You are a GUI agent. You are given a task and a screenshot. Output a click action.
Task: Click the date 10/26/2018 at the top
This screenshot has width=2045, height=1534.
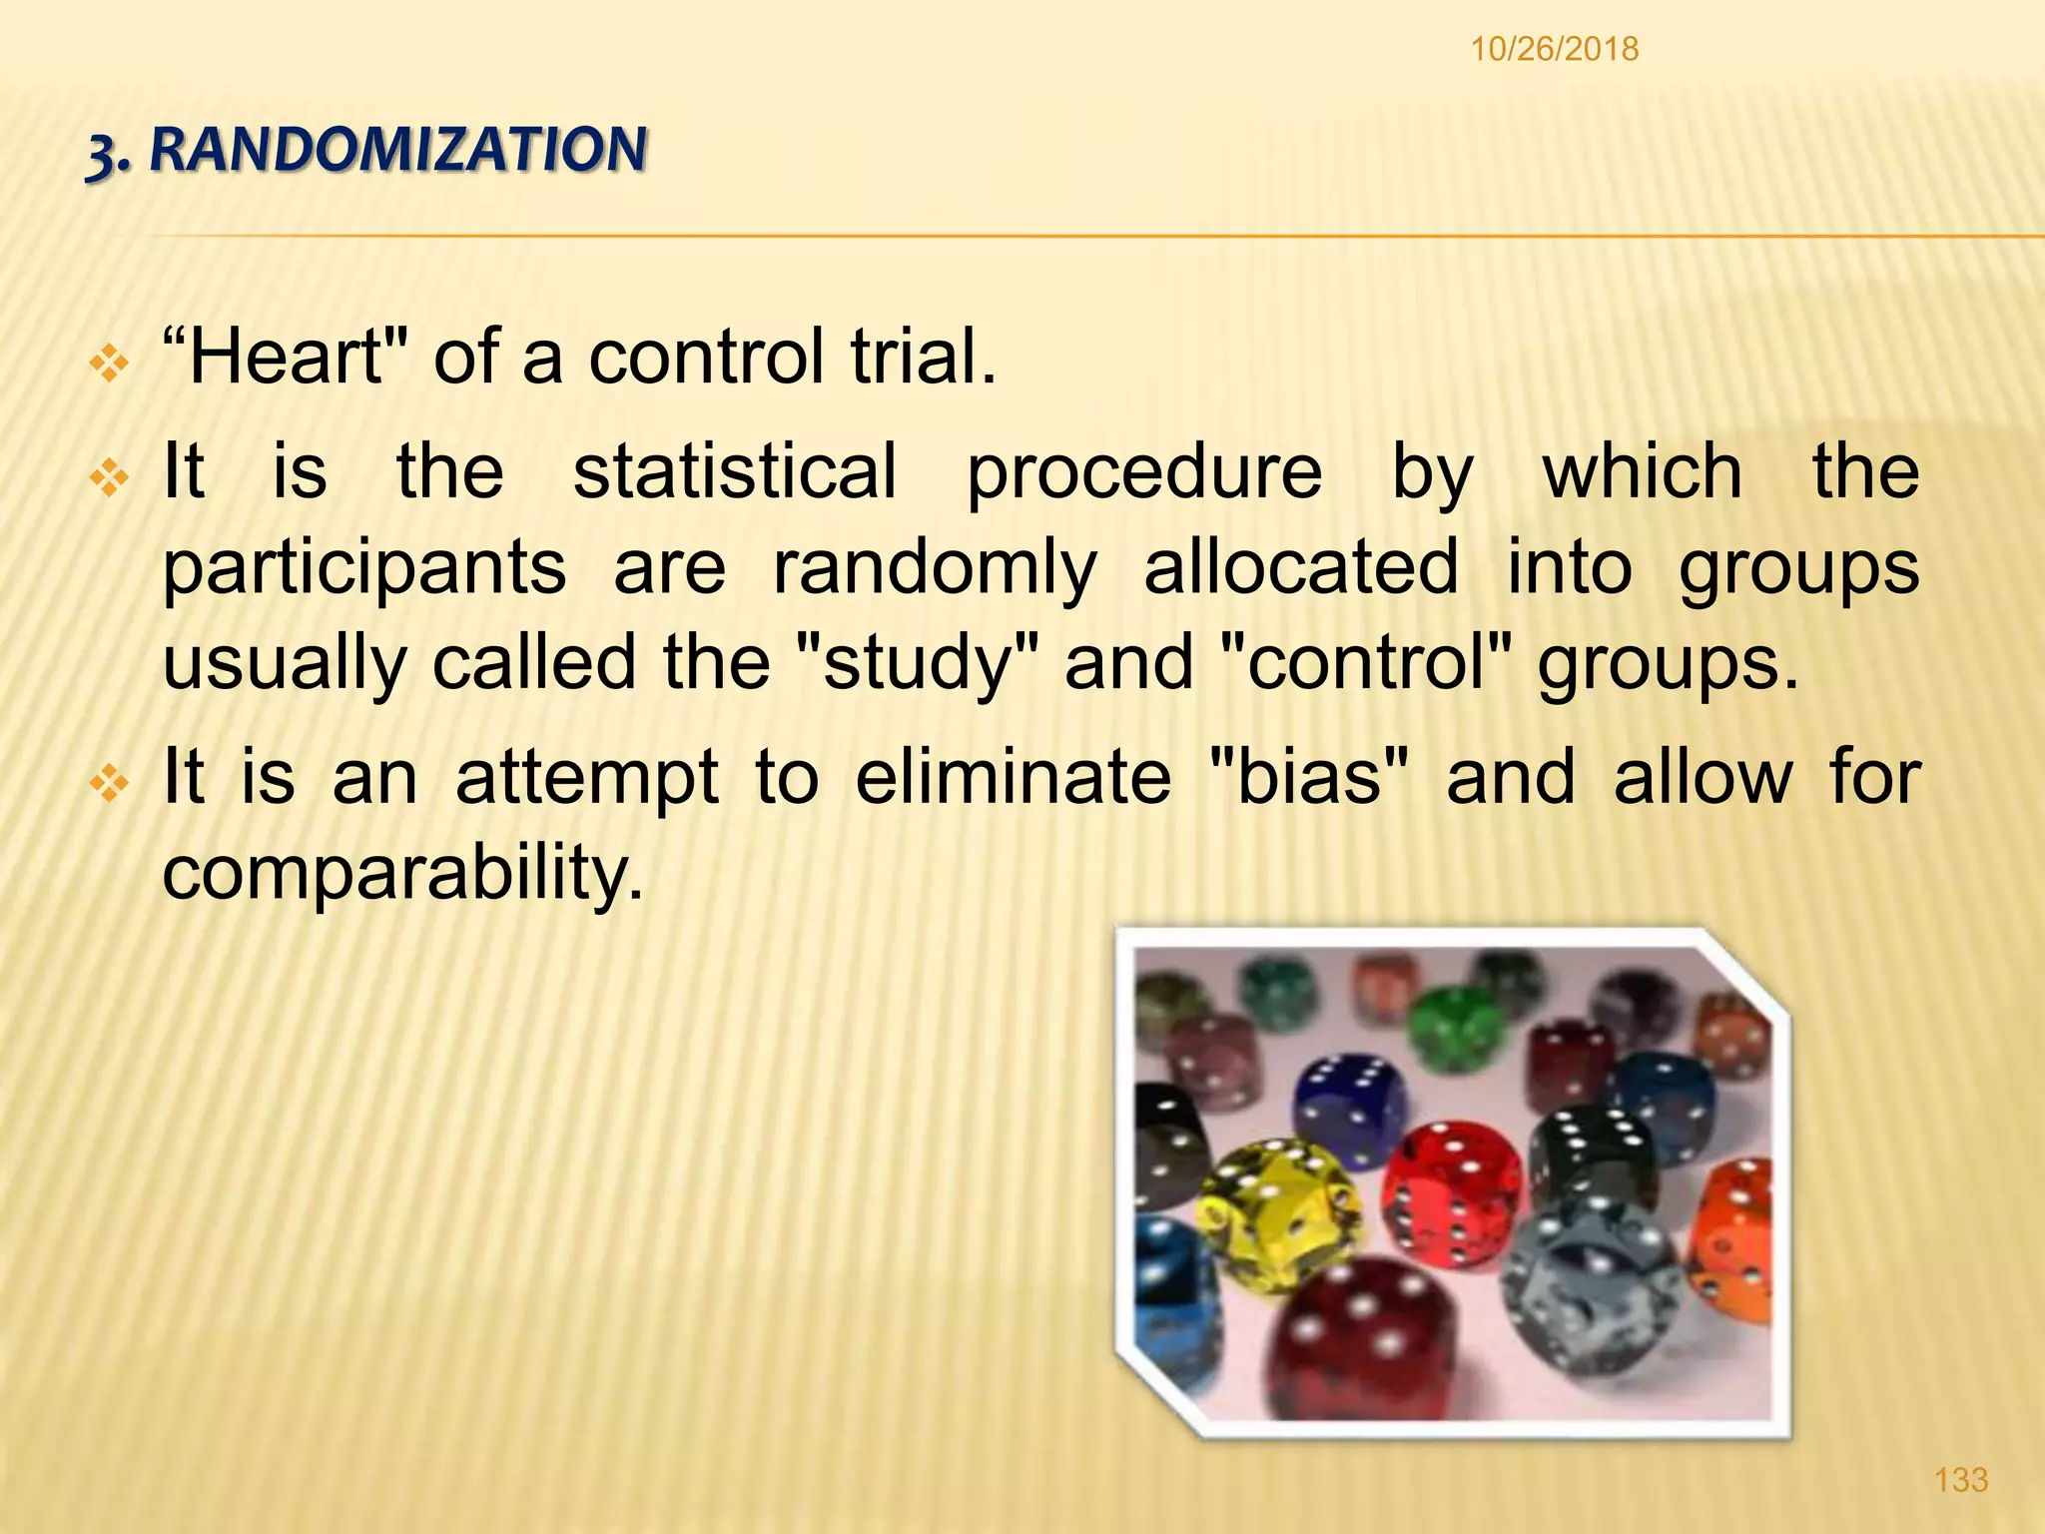coord(1554,49)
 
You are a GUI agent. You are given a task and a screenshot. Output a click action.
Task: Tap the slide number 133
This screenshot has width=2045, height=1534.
coord(1961,1479)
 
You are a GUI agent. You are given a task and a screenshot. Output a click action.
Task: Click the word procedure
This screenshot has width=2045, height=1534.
coord(1143,472)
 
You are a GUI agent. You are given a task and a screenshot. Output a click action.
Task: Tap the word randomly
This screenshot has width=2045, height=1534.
coord(935,567)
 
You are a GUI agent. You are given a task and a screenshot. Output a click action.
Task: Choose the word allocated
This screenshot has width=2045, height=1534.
coord(1300,565)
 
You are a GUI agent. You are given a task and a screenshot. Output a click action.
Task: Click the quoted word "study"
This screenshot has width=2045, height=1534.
coord(918,662)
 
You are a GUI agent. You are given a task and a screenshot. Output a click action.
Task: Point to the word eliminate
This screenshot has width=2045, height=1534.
coord(1013,776)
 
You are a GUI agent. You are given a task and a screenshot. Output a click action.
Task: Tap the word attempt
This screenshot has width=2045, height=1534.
coord(586,778)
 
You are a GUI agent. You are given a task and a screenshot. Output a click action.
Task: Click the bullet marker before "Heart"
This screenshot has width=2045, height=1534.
coord(109,364)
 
